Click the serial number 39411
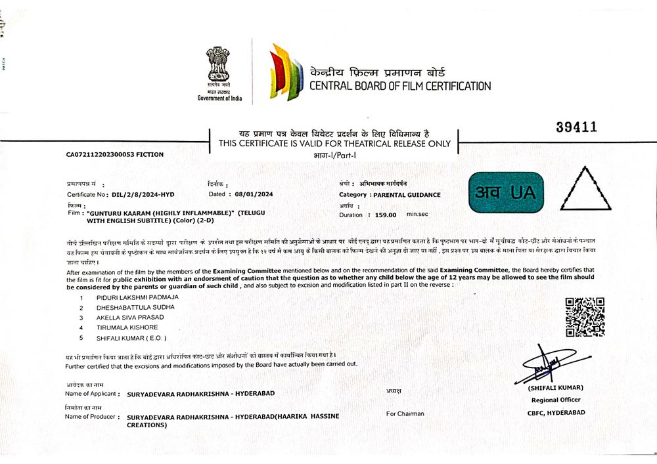[x=576, y=127]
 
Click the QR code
[x=585, y=317]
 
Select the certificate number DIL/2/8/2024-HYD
[x=143, y=195]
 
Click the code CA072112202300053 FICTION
[x=115, y=155]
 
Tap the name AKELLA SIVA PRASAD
[x=130, y=317]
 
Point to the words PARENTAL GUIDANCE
[x=406, y=195]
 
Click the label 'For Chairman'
[x=405, y=413]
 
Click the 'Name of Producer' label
[x=91, y=416]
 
